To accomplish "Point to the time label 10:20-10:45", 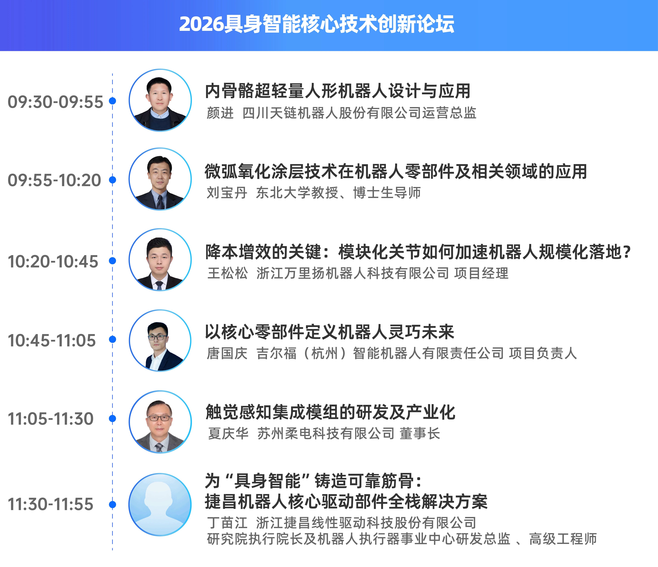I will (53, 262).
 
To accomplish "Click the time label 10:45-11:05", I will (52, 340).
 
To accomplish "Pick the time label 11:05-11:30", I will (51, 419).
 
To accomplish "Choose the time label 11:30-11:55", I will (51, 504).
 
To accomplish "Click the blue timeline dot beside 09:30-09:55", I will (112, 101).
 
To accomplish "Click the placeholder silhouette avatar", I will (160, 504).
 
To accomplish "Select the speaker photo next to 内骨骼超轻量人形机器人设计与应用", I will (160, 100).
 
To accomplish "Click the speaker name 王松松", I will (227, 273).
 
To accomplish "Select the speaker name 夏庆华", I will (228, 433).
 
